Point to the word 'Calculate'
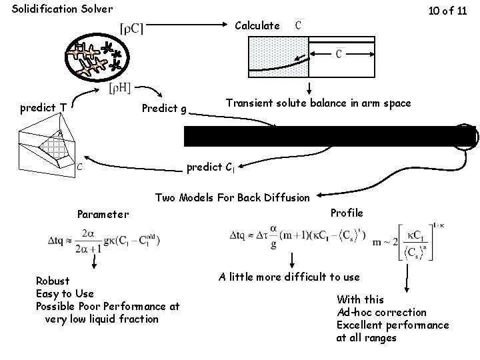(x=258, y=25)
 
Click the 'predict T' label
(x=43, y=107)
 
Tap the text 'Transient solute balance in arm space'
(x=319, y=103)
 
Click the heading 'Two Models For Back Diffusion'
(x=232, y=197)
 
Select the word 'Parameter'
(x=103, y=214)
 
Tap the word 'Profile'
(x=347, y=213)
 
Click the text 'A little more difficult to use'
(x=289, y=277)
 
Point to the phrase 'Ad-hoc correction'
(x=381, y=312)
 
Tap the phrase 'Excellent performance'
(x=393, y=325)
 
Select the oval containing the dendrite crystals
(x=97, y=59)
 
